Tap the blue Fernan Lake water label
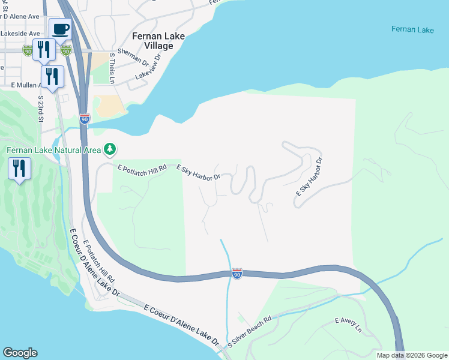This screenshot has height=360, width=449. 412,29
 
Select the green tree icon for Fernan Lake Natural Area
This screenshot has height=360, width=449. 109,149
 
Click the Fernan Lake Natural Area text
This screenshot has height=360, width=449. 53,149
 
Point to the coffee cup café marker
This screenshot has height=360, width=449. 59,29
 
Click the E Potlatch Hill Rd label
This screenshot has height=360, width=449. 141,170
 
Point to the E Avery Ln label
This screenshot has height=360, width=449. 348,325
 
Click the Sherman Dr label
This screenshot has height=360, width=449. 133,58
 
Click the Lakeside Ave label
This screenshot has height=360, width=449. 20,34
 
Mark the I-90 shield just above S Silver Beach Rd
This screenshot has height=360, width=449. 237,274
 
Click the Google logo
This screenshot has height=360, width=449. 20,353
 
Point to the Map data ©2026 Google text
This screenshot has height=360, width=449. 411,355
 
